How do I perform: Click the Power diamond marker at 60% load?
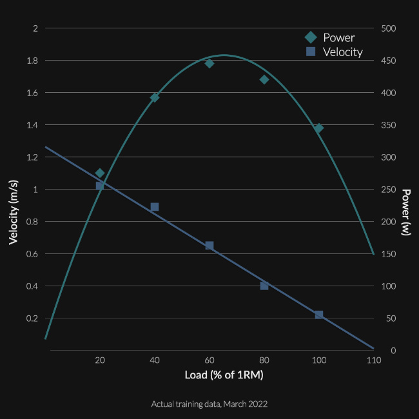(209, 63)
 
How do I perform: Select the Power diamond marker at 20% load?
(100, 173)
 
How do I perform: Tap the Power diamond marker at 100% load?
(318, 128)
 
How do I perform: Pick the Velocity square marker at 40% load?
(155, 207)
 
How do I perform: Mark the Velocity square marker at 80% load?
(264, 286)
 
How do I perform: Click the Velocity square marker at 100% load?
(319, 315)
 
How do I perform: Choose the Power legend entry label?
(339, 37)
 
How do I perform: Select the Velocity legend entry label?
(343, 52)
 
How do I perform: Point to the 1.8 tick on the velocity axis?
(32, 61)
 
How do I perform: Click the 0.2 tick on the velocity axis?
(32, 318)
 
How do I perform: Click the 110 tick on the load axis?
(374, 360)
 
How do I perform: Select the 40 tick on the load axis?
(155, 360)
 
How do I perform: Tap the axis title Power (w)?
(406, 212)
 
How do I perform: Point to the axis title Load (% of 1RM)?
(210, 375)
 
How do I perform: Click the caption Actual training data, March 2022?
(209, 404)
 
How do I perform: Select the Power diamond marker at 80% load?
(264, 79)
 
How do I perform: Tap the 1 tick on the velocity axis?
(36, 190)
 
